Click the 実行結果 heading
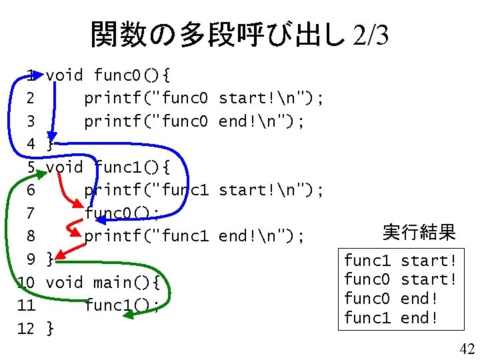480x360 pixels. pos(419,233)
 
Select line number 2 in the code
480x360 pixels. pos(29,99)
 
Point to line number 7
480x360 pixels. pos(29,213)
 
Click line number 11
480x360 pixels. pos(27,305)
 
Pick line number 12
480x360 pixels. pos(27,328)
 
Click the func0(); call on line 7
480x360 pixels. pos(122,213)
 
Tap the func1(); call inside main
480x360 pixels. pos(122,305)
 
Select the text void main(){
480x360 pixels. pos(103,283)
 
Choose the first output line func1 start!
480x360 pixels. pos(400,260)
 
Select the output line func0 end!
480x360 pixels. pos(391,299)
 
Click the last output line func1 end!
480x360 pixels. pos(391,318)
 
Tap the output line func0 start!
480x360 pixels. pos(400,279)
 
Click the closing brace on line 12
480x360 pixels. pos(50,328)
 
